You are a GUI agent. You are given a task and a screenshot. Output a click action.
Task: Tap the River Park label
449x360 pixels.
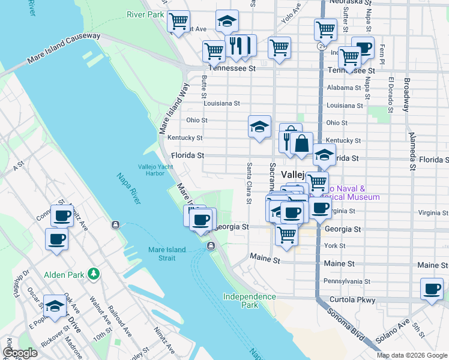[145, 14]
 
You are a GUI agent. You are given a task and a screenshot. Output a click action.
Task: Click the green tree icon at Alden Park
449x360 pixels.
[93, 274]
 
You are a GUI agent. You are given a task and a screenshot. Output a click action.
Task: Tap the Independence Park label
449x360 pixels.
[249, 301]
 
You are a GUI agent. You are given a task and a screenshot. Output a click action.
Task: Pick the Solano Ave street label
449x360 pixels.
[393, 335]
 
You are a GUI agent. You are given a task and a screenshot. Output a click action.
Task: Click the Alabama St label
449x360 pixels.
[344, 88]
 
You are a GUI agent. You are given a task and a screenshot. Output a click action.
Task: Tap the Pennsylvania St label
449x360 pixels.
[348, 281]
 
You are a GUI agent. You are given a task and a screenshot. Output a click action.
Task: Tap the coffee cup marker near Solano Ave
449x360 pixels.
[432, 289]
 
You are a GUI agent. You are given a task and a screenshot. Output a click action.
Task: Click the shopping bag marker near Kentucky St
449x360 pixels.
[303, 144]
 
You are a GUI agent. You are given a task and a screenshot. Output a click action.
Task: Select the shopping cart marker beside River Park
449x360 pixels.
[178, 22]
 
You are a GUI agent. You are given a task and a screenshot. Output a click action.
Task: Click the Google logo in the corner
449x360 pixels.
[20, 353]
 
